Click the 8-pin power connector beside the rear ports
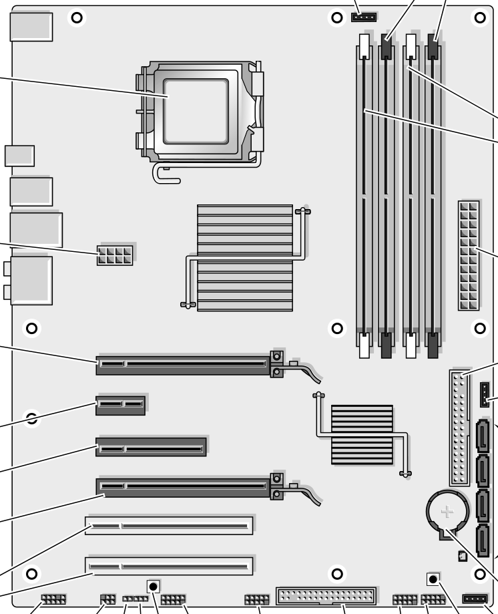[x=115, y=255]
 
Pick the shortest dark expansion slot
[x=120, y=404]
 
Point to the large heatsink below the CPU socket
[x=244, y=258]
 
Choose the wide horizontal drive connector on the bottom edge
[x=326, y=595]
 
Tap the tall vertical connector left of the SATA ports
[x=459, y=428]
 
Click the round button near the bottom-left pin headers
[x=154, y=587]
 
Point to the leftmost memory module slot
[x=364, y=194]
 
